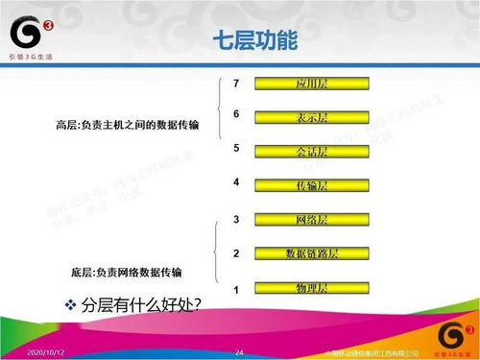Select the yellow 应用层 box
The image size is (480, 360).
313,84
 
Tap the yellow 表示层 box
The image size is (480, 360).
313,117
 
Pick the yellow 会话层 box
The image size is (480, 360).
313,152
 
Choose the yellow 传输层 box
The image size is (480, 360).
313,184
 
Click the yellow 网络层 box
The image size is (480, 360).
313,220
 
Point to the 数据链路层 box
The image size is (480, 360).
313,253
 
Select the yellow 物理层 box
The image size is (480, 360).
313,287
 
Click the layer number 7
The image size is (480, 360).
235,84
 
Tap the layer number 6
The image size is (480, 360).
235,114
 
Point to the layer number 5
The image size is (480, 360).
235,148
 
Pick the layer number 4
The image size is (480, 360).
235,181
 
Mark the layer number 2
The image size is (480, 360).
235,253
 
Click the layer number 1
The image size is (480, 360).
235,288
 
